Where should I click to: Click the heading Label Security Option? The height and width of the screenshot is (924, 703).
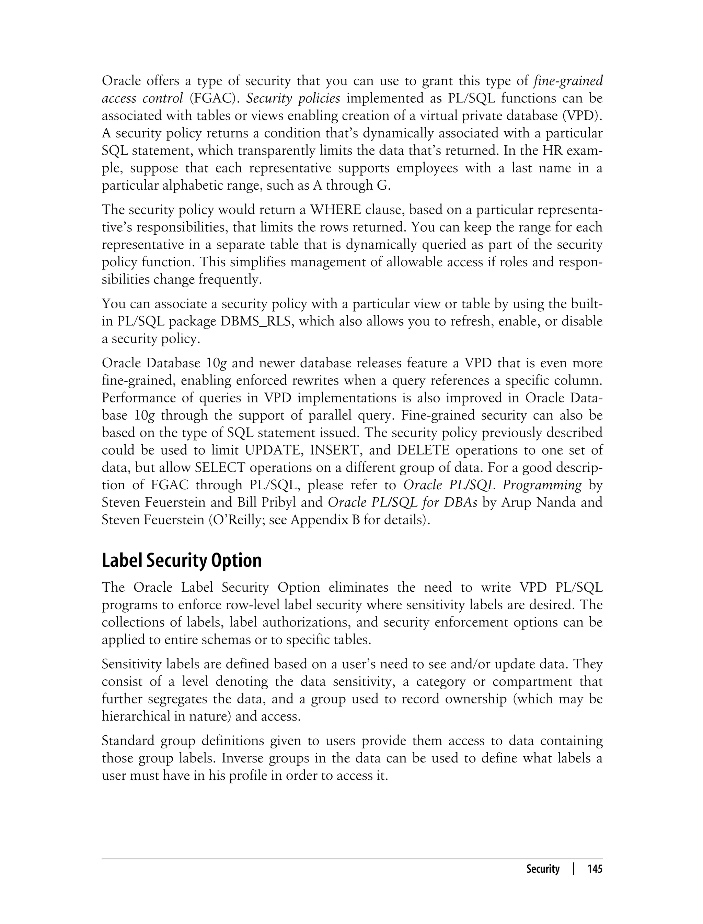click(182, 560)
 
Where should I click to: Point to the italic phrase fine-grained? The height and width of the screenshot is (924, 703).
click(568, 81)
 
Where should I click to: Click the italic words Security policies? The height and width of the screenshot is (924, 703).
click(293, 98)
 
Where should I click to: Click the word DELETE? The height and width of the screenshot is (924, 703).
click(423, 450)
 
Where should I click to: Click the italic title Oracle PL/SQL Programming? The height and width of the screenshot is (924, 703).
click(492, 485)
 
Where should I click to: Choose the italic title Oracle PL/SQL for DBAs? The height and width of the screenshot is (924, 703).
click(402, 503)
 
